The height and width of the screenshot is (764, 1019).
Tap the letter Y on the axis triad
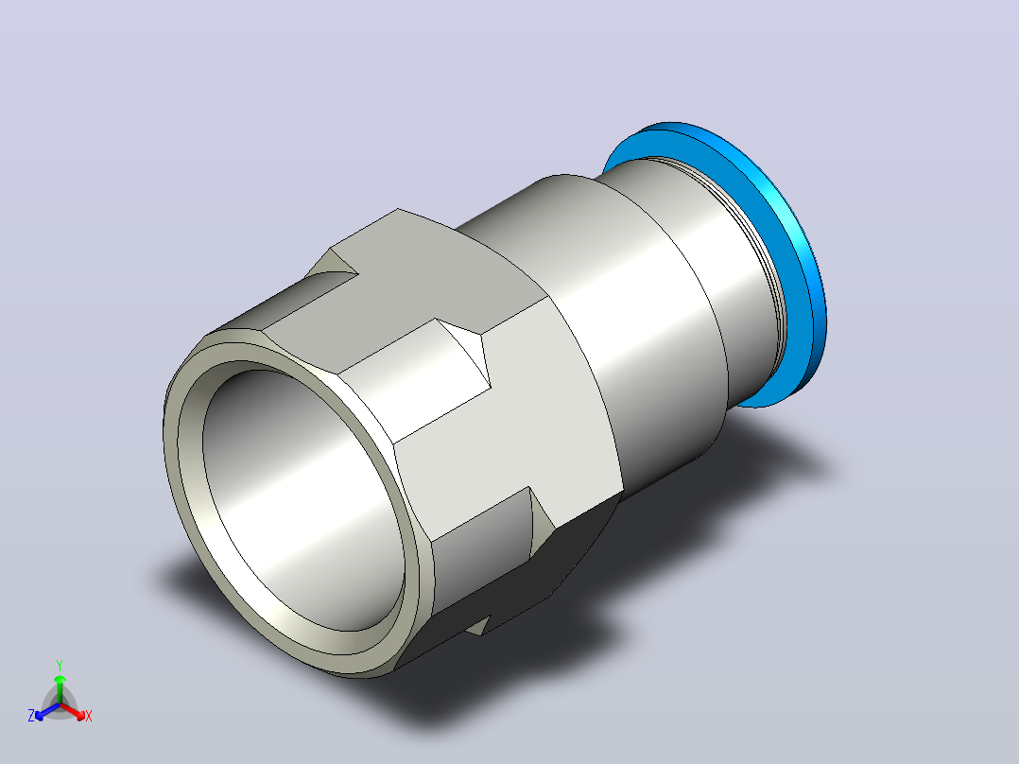point(60,665)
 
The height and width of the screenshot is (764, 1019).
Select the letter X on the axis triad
point(89,716)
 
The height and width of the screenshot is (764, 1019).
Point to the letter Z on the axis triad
point(31,715)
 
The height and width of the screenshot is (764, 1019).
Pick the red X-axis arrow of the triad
point(73,711)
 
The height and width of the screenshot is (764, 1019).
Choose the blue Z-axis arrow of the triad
point(47,711)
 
